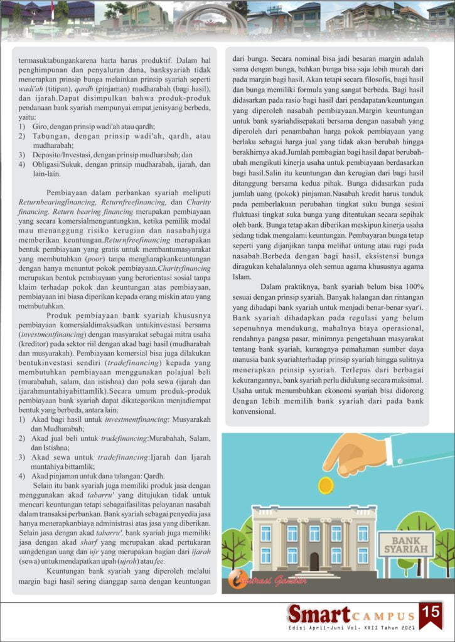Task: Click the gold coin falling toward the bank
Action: [326, 484]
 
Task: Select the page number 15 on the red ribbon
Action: [431, 612]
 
